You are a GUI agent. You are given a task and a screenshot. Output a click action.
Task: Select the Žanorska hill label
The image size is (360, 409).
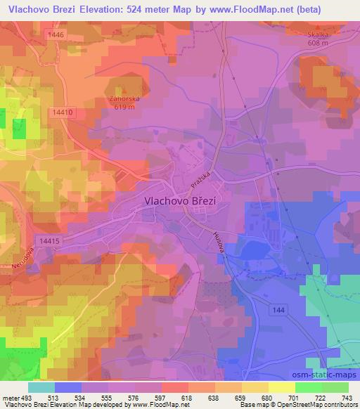(x=124, y=99)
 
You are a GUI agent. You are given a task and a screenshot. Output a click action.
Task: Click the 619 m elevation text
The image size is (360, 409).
(x=124, y=108)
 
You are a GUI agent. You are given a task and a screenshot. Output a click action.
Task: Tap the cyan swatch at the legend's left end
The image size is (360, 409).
(x=42, y=388)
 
